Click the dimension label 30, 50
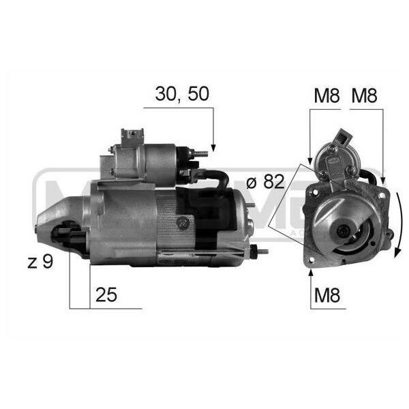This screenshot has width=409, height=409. (x=182, y=94)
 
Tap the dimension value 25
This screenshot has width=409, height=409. (x=106, y=294)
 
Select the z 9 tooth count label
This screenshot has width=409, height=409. (x=40, y=262)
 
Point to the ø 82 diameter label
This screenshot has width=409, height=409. (x=265, y=181)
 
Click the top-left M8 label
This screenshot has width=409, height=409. (x=327, y=95)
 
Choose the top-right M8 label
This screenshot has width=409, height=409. (x=364, y=95)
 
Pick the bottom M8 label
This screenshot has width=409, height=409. (x=327, y=295)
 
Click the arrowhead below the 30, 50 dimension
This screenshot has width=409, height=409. (x=213, y=148)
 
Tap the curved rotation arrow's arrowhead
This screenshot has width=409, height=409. (x=397, y=252)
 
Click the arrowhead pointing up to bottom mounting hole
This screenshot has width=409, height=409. (x=311, y=273)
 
